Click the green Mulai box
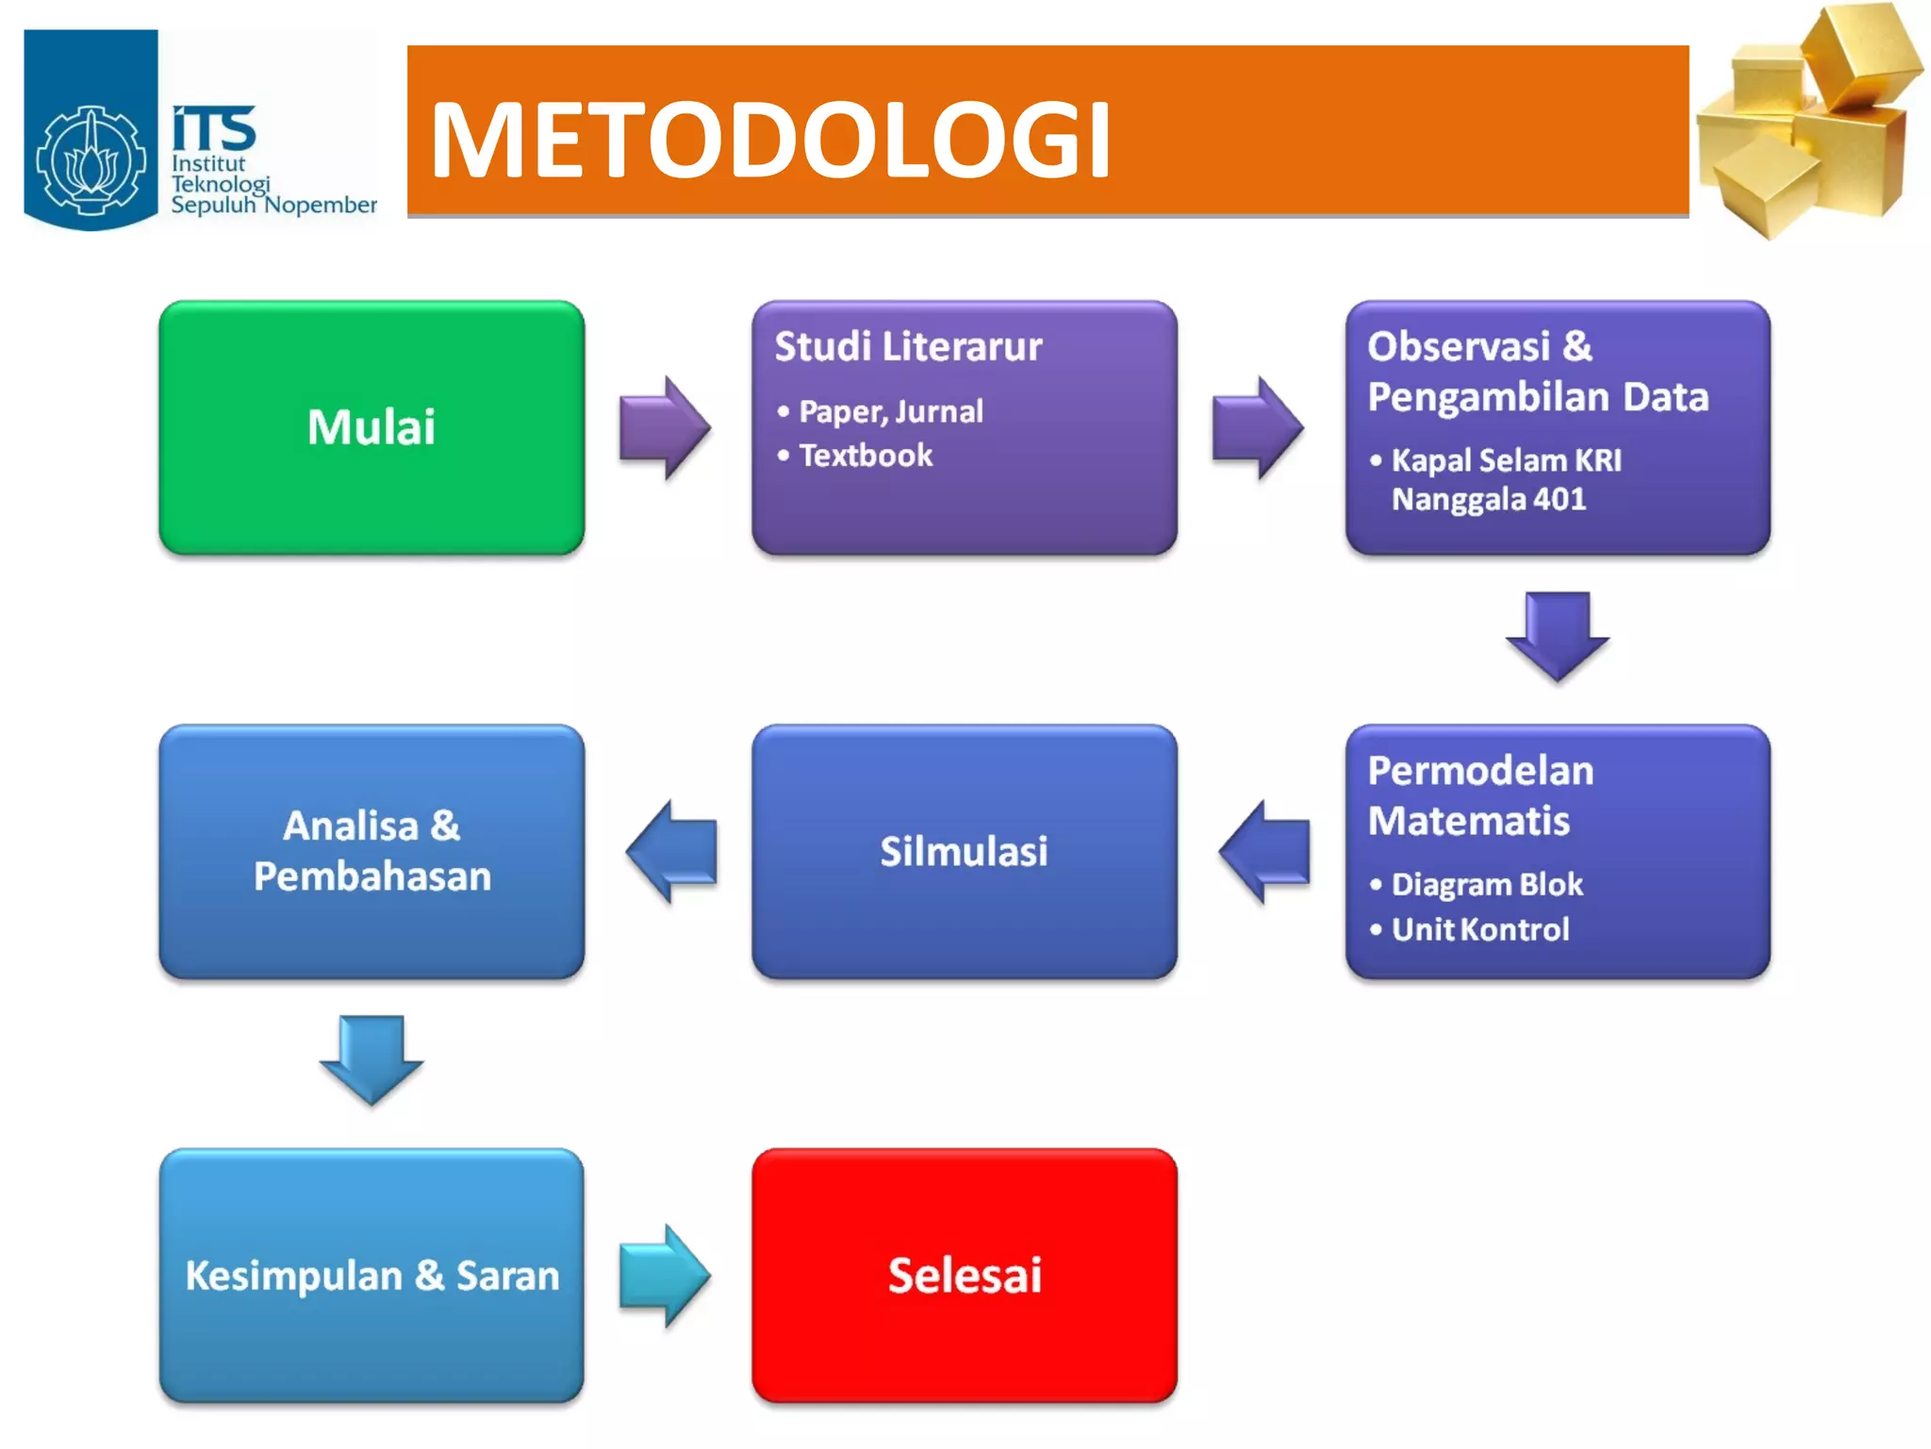371,427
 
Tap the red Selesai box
964,1275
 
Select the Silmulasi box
964,851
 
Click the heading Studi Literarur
908,346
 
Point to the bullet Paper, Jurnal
890,411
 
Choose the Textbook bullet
866,456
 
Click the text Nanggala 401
1488,499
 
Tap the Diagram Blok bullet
1486,885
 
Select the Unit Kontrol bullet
1479,930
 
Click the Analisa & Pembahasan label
371,851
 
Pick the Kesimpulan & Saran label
371,1275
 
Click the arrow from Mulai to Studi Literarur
665,428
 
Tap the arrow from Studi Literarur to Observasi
1257,428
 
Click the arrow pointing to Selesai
665,1275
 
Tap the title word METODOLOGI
770,140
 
